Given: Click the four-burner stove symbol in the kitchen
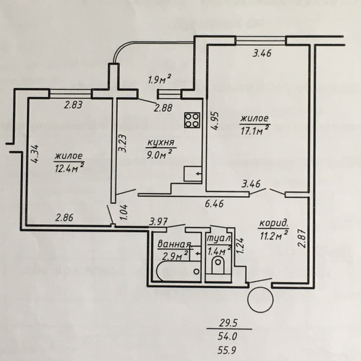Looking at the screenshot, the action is (192, 120).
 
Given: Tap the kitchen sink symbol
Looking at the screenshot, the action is (193, 174).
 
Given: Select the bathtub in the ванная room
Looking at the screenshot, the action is (178, 271).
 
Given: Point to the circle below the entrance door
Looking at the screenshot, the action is (261, 300).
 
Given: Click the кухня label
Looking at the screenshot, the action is (161, 143).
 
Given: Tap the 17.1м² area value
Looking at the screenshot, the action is (255, 131).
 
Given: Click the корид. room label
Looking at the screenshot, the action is (274, 224).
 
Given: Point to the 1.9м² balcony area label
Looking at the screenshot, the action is (160, 80).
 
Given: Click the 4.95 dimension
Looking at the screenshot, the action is (215, 122).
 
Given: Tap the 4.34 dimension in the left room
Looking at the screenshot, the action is (35, 154).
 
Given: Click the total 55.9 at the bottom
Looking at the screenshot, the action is (227, 351).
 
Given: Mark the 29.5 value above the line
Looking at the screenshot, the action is (228, 323).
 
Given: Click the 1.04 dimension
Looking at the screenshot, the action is (124, 212).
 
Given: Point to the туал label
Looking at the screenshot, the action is (219, 239).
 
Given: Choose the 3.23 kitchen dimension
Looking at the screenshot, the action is (123, 143).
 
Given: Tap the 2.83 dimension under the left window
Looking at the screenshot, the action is (73, 105).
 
